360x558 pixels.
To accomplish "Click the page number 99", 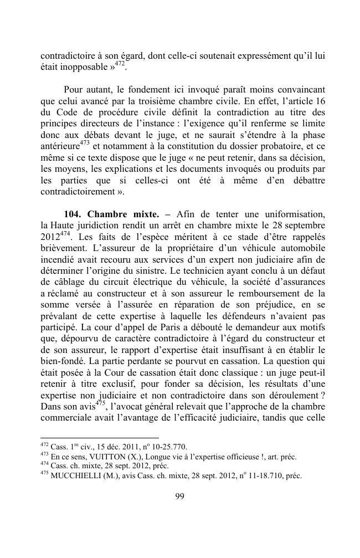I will click(x=179, y=496).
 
